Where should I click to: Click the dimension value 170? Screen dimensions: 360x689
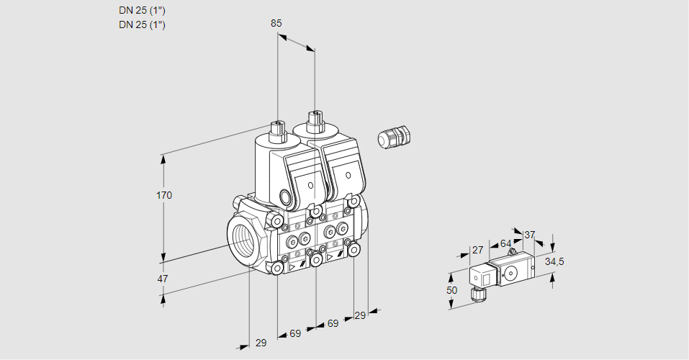click(164, 196)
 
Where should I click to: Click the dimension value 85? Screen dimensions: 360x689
click(276, 23)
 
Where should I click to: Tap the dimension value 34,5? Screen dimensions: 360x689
click(554, 261)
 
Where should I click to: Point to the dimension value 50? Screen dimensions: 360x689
click(451, 290)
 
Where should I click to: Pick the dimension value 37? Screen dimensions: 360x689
click(530, 235)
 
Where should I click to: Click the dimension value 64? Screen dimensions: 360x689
click(505, 244)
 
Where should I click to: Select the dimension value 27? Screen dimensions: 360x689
click(477, 250)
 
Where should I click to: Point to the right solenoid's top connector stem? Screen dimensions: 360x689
click(314, 118)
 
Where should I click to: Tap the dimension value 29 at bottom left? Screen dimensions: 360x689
click(261, 343)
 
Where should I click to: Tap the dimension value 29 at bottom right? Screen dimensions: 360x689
click(360, 315)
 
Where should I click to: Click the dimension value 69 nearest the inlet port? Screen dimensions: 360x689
click(295, 333)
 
